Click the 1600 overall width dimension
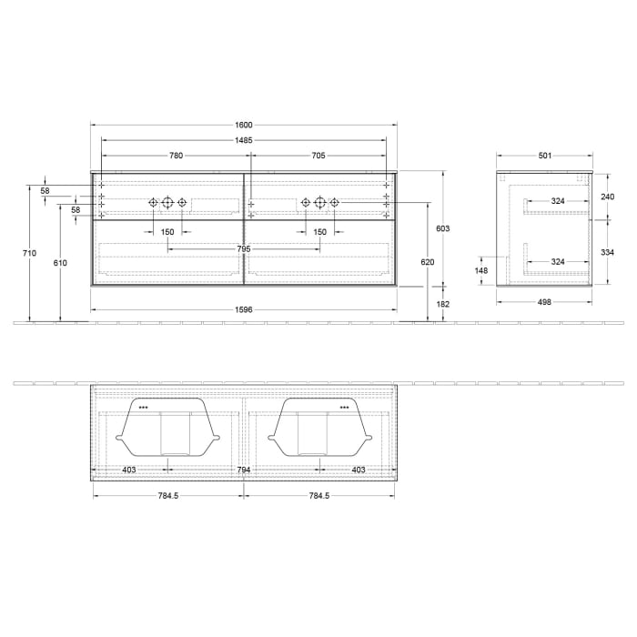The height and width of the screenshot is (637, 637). pyautogui.click(x=244, y=125)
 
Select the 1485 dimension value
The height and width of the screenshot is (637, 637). pyautogui.click(x=244, y=140)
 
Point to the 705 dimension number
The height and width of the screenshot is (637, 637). pyautogui.click(x=318, y=156)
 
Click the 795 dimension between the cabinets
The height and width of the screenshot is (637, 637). pyautogui.click(x=244, y=248)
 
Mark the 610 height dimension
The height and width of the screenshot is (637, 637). pyautogui.click(x=60, y=262)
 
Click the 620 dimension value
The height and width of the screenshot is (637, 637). pyautogui.click(x=428, y=262)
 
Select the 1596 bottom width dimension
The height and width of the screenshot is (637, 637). pyautogui.click(x=244, y=309)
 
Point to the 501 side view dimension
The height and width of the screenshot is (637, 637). pyautogui.click(x=544, y=156)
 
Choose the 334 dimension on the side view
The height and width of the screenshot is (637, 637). pyautogui.click(x=608, y=253)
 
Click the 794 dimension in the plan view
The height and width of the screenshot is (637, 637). pyautogui.click(x=244, y=470)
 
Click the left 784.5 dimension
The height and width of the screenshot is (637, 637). pyautogui.click(x=168, y=497)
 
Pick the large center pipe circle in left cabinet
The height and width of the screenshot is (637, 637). pyautogui.click(x=167, y=202)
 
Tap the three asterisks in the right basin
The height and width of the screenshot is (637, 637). pyautogui.click(x=344, y=408)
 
